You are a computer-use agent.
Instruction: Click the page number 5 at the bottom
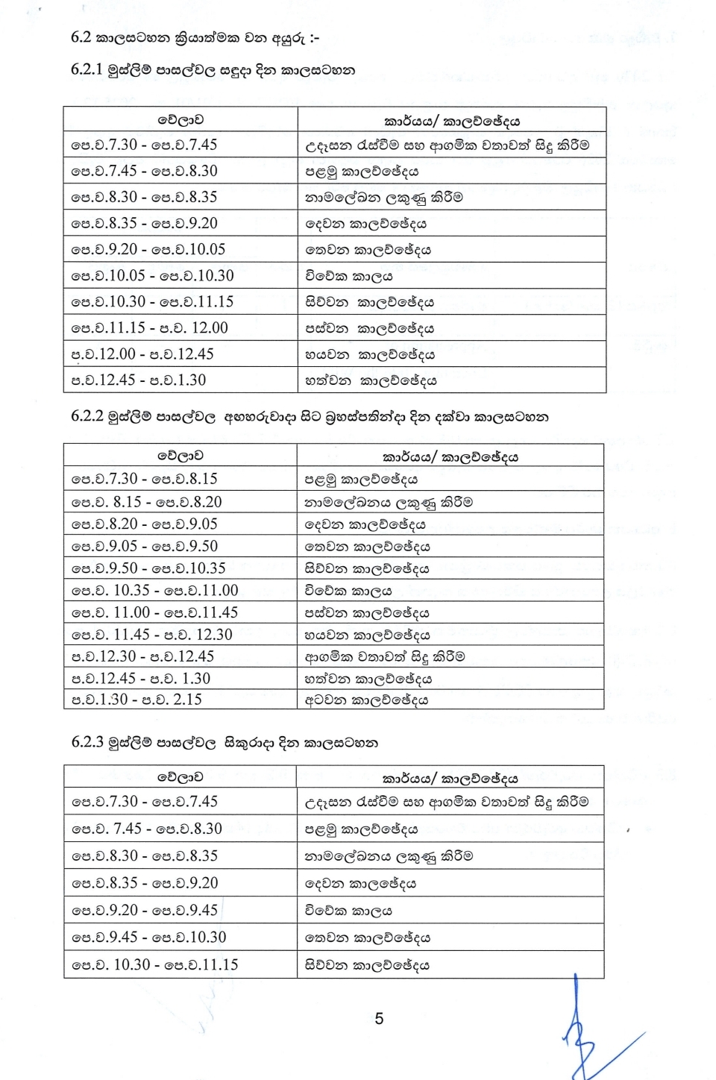[379, 1019]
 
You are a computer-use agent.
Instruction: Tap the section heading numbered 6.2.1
[213, 71]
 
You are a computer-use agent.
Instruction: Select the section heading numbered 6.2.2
[310, 417]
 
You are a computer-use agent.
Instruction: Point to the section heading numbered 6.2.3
[224, 743]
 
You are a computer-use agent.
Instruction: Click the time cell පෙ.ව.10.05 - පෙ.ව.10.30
[152, 276]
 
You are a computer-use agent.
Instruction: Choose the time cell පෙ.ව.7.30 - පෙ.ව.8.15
[145, 479]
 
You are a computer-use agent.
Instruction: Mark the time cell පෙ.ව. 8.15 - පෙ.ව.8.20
[147, 502]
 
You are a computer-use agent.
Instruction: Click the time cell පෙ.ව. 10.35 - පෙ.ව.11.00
[155, 591]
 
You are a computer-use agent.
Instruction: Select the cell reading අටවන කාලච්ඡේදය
[366, 700]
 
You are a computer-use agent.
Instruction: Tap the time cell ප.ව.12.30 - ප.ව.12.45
[142, 656]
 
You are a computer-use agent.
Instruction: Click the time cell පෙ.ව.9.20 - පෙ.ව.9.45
[145, 911]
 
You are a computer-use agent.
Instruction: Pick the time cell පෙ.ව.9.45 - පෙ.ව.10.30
[149, 938]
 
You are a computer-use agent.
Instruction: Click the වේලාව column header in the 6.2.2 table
[180, 456]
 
